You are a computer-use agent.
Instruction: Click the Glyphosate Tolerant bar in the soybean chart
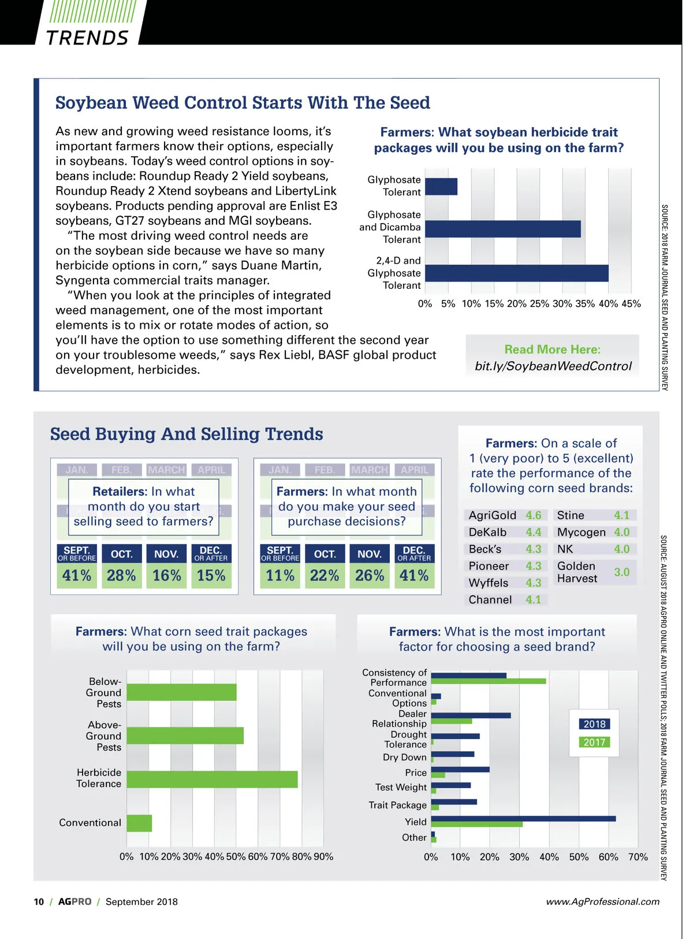click(x=441, y=187)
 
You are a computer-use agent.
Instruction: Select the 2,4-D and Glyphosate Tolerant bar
click(x=516, y=273)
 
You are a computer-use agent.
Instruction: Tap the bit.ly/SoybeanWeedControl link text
click(x=553, y=366)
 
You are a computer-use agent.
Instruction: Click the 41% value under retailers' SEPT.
click(x=77, y=576)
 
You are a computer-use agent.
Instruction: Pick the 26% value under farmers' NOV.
click(x=370, y=576)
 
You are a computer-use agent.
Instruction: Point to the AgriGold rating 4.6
click(x=534, y=515)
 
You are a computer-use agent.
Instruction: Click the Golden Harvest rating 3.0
click(x=621, y=572)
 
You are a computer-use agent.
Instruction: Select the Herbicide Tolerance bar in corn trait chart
click(x=212, y=779)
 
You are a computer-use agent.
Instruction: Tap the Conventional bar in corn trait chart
click(x=139, y=823)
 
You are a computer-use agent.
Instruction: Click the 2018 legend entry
click(x=594, y=724)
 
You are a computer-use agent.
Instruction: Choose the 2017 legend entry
click(x=594, y=743)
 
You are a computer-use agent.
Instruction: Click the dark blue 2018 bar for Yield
click(x=523, y=818)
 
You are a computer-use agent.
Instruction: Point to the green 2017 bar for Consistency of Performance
click(x=488, y=681)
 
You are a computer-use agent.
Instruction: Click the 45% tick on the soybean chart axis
click(x=631, y=304)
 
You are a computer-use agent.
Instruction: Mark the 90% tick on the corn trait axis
click(x=323, y=857)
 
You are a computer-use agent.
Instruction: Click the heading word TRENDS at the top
click(x=87, y=38)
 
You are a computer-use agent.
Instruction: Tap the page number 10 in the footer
click(x=39, y=902)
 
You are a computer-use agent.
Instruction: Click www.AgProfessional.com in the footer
click(x=602, y=902)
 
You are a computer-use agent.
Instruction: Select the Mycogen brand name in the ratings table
click(x=581, y=532)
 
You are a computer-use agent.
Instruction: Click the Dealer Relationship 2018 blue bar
click(x=471, y=715)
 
